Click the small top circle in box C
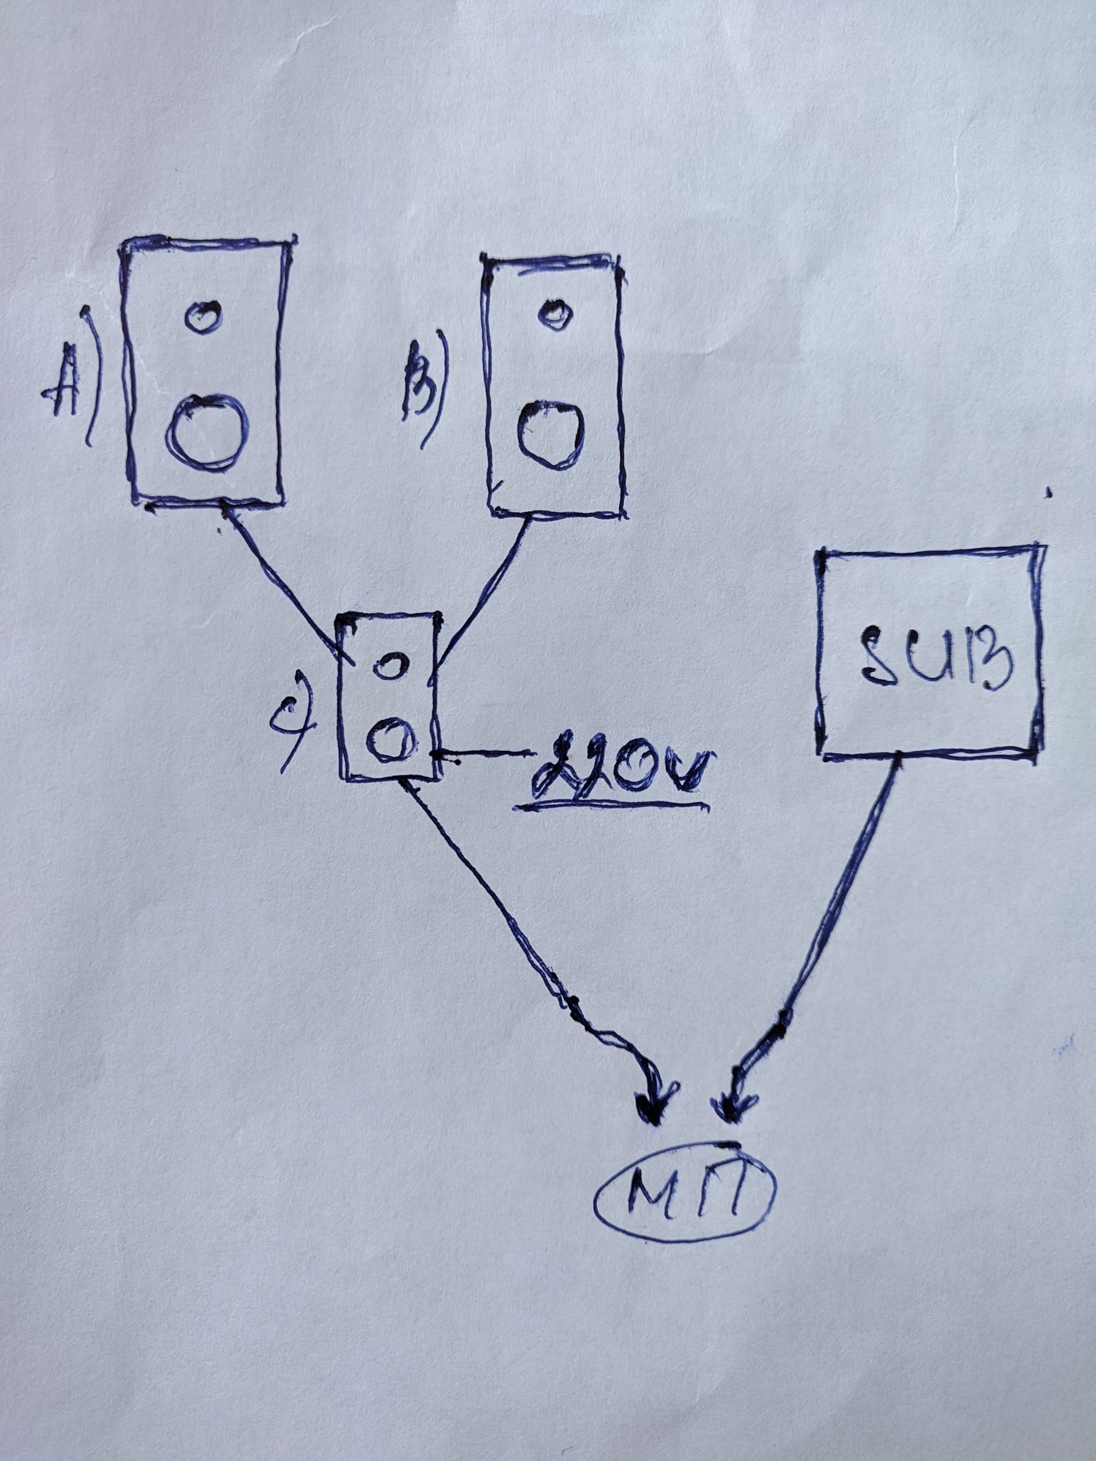[387, 664]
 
